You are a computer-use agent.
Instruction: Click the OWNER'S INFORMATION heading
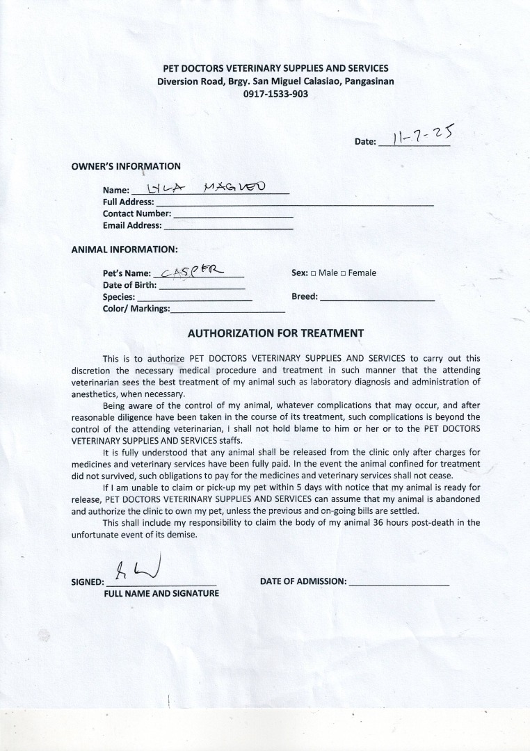pos(126,166)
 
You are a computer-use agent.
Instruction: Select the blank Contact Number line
pos(232,216)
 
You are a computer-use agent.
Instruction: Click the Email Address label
pos(132,225)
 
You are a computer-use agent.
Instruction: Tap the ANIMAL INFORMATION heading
pos(125,248)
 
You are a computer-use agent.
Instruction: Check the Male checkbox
pos(313,273)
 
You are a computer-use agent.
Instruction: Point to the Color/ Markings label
pos(136,308)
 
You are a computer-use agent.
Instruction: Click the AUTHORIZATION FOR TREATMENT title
pos(276,333)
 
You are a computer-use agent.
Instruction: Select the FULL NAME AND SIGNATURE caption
pos(161,593)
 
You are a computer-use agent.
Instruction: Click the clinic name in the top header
pos(275,68)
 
